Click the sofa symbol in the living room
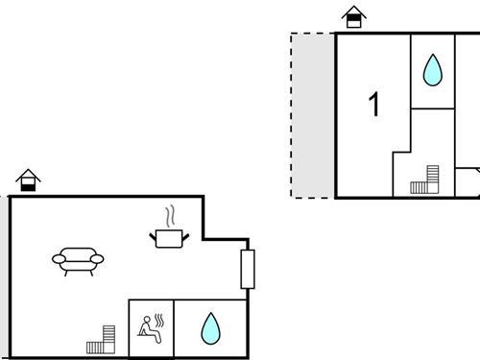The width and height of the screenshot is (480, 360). coord(79,258)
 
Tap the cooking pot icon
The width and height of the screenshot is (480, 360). coord(171,236)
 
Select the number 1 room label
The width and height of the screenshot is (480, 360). coord(374,105)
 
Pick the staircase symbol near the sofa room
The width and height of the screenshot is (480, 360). coord(102,339)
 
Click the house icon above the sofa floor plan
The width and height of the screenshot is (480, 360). coord(28,180)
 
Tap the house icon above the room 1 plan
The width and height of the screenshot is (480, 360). coord(354,17)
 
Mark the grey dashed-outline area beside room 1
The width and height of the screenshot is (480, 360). coord(313,115)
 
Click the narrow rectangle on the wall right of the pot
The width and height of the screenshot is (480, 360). coord(247,269)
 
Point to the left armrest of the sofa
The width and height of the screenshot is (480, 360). coord(58,258)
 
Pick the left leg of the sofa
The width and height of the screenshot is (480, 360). coord(65,273)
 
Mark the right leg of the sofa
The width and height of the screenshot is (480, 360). coord(92,273)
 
